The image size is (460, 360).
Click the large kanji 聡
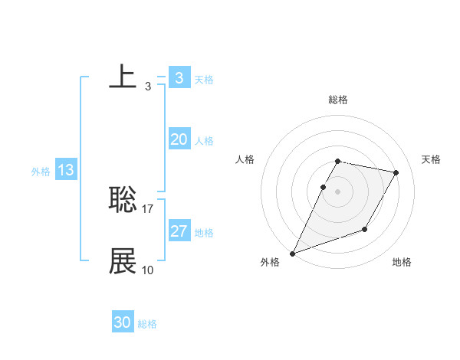[123, 200]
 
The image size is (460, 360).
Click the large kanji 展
[123, 261]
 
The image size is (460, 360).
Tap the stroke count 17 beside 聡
[148, 208]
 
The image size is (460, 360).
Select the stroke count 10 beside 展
[148, 270]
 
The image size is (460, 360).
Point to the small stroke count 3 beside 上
[147, 86]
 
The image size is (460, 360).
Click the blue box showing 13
[66, 170]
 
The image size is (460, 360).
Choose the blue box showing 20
[179, 139]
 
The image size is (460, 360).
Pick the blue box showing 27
[179, 231]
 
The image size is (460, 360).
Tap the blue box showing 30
[123, 322]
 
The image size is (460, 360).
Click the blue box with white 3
[179, 78]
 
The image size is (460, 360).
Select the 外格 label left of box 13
[41, 172]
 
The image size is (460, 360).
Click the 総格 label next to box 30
[147, 324]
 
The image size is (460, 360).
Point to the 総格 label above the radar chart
[338, 100]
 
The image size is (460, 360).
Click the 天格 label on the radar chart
[432, 159]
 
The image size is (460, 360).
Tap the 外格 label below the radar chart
[270, 263]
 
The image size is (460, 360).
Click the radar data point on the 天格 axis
[396, 173]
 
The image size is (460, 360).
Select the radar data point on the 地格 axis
[365, 229]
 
